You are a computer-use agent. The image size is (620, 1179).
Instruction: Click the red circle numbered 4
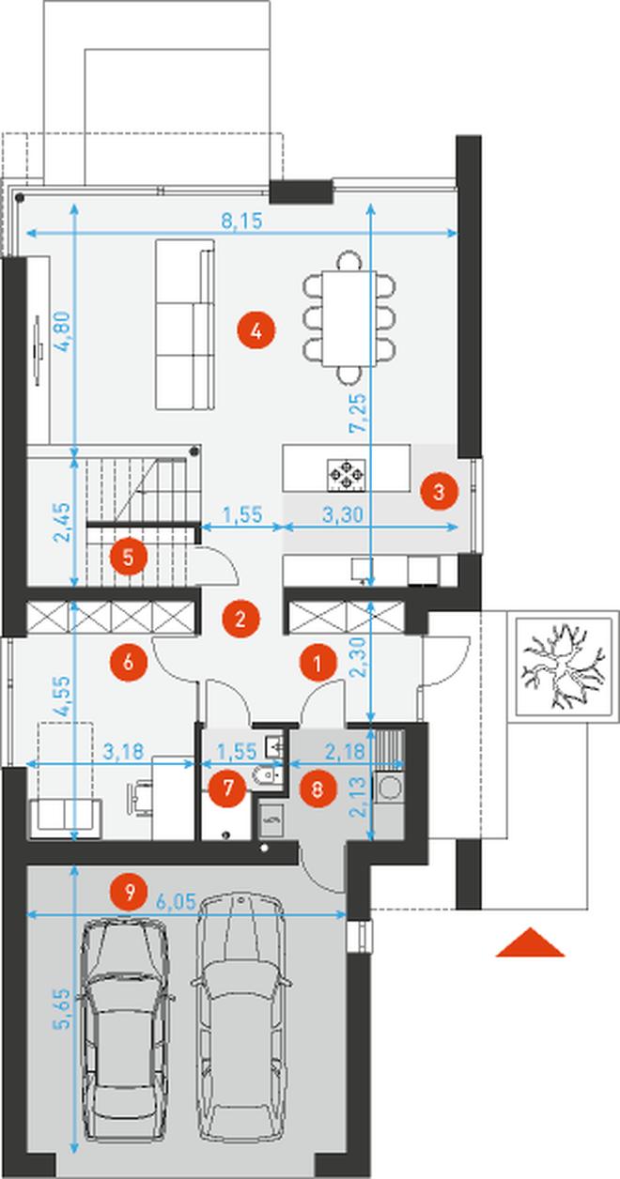point(256,331)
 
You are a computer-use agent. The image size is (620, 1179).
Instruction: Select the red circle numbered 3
point(440,492)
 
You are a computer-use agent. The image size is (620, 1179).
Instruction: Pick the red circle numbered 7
point(227,788)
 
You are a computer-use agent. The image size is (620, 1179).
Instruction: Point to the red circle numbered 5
point(129,557)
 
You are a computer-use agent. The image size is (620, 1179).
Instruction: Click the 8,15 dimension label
point(241,222)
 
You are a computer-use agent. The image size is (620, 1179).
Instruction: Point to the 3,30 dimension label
point(343,514)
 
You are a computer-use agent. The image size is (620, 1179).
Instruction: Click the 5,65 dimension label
point(61,1008)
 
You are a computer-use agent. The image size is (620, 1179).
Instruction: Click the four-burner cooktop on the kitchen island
point(346,475)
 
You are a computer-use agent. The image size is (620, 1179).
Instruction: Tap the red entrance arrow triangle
point(530,942)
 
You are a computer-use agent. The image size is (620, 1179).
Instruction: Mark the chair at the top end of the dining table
point(349,261)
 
